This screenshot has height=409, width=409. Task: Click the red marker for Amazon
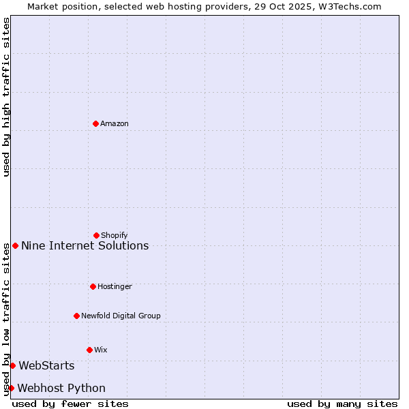[95, 123]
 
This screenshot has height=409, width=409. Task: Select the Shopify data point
[96, 235]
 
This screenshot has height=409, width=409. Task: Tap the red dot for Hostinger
[93, 286]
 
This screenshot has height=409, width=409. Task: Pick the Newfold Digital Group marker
[76, 316]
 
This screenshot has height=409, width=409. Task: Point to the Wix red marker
[89, 350]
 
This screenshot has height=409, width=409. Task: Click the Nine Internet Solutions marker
[15, 245]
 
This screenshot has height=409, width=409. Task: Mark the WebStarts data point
[12, 366]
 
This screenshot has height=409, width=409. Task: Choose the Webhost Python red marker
[11, 388]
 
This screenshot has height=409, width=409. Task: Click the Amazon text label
[115, 123]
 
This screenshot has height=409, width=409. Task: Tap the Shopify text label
[115, 235]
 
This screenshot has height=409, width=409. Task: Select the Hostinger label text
[115, 286]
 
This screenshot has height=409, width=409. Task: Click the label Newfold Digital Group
[121, 316]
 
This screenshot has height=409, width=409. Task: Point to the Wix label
[101, 350]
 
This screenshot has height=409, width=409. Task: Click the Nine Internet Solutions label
[85, 245]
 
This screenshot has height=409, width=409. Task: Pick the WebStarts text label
[46, 366]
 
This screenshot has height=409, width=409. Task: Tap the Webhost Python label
[61, 388]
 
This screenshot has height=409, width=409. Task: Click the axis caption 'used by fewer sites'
[70, 404]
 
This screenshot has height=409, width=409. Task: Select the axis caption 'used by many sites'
[342, 404]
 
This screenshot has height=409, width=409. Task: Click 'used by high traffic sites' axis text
[6, 97]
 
